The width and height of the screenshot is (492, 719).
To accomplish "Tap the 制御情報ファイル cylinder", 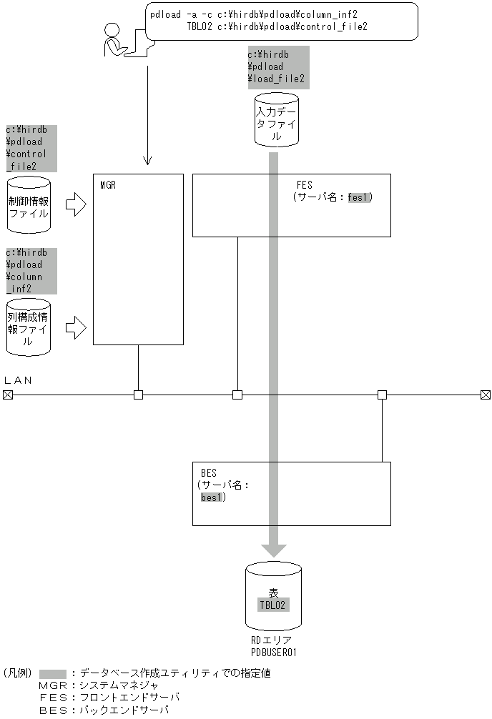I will point(29,205).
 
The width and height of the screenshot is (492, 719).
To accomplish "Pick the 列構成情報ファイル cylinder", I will point(29,327).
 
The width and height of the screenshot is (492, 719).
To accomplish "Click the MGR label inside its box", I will point(108,184).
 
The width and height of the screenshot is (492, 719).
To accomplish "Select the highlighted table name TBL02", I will point(273,605).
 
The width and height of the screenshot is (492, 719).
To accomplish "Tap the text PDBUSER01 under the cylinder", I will point(273,652).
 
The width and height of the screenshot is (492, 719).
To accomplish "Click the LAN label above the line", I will point(19,380).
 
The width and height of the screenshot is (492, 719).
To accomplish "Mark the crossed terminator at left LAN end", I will point(7,395).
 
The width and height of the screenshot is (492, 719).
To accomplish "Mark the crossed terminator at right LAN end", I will point(486,395).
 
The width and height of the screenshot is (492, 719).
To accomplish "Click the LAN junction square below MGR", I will point(138,395).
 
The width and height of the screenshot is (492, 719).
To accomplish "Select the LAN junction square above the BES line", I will point(382,395).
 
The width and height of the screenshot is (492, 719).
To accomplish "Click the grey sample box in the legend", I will point(53,673).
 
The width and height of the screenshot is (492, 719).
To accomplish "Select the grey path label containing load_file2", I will point(277,66).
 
